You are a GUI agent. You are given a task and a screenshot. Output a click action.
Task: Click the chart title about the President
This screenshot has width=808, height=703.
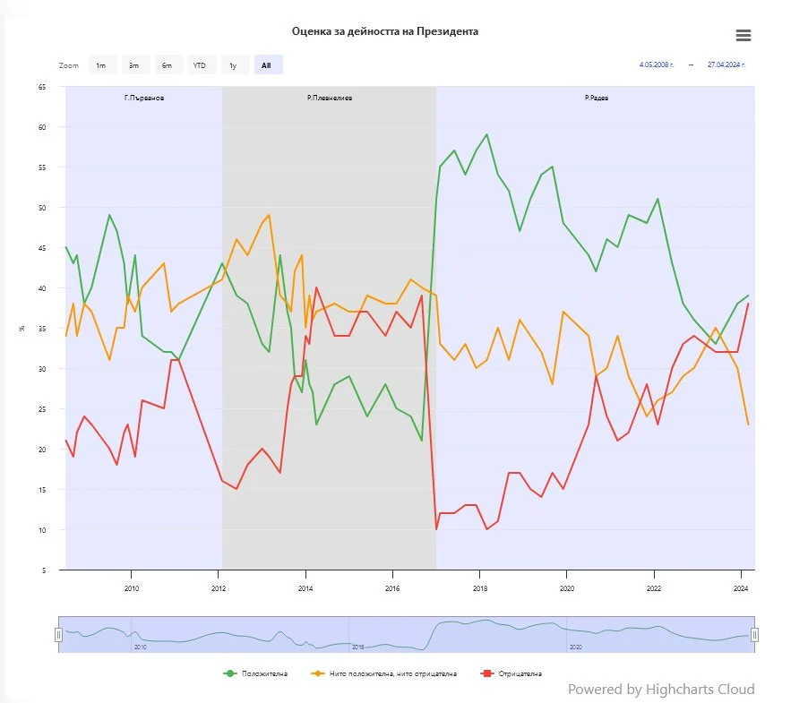(x=385, y=31)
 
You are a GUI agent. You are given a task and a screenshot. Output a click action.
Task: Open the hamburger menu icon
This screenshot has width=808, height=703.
(x=743, y=36)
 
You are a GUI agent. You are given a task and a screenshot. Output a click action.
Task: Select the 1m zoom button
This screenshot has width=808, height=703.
(x=101, y=65)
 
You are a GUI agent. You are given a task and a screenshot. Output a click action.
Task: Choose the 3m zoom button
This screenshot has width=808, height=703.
(x=133, y=65)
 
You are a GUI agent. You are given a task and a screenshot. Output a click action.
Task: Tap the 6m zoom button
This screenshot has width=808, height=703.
(x=167, y=65)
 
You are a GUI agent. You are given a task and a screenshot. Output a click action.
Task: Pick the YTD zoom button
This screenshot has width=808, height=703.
(x=199, y=65)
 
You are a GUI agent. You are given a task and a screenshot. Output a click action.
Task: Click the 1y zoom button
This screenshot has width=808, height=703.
(x=233, y=65)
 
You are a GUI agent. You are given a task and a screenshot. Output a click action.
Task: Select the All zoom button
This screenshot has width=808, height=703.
(x=267, y=65)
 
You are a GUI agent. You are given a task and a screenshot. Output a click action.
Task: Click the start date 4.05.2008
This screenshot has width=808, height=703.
(x=657, y=64)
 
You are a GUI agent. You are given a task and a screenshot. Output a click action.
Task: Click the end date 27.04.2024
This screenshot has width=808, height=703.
(x=726, y=64)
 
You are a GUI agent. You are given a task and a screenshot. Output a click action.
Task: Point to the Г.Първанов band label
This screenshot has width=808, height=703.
(x=144, y=97)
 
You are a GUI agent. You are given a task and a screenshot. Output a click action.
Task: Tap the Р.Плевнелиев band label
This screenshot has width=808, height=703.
(x=329, y=97)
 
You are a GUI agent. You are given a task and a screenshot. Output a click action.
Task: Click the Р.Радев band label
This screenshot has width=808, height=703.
(x=596, y=97)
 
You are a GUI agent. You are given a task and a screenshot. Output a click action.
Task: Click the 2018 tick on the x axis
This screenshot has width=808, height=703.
(x=479, y=588)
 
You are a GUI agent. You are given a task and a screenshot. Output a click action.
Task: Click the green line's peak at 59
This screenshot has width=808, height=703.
(x=486, y=135)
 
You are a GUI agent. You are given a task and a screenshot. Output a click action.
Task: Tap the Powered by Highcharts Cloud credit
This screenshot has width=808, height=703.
(x=661, y=689)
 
